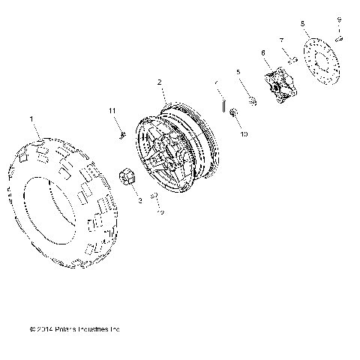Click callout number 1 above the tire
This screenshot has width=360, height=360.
pyautogui.click(x=31, y=118)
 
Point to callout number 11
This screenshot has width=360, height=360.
pyautogui.click(x=112, y=111)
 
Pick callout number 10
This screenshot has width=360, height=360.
pyautogui.click(x=244, y=135)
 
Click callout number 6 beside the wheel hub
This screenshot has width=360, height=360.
pyautogui.click(x=263, y=52)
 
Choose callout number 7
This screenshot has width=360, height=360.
pyautogui.click(x=281, y=40)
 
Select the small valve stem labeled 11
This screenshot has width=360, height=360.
pyautogui.click(x=121, y=134)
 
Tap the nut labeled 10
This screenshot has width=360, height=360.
pyautogui.click(x=233, y=112)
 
